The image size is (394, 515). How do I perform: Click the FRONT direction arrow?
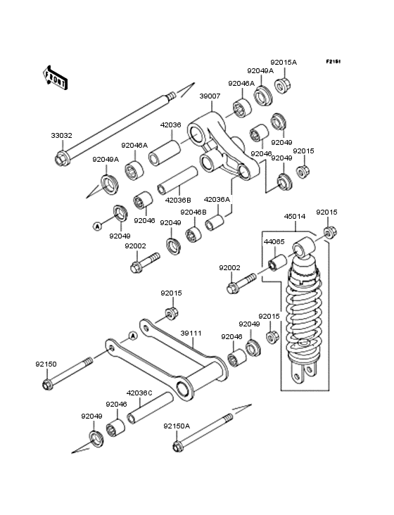(55, 78)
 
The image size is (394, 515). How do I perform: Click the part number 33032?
(61, 135)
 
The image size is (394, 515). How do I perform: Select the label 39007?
(210, 96)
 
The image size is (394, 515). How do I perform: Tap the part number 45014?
(295, 217)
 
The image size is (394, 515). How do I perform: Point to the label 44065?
(274, 242)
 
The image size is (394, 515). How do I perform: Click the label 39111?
(191, 333)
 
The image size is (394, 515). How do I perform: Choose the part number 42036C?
(139, 393)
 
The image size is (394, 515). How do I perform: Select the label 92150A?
(177, 426)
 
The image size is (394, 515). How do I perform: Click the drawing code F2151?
(333, 61)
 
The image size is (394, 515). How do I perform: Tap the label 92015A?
(284, 62)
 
